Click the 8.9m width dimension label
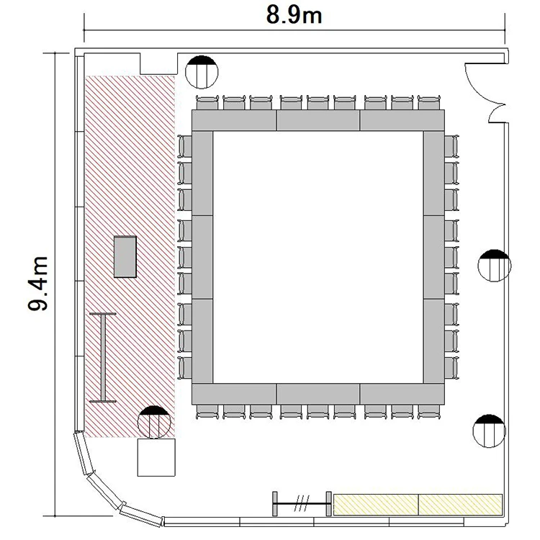294,16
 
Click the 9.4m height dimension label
37,284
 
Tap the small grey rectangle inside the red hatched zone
125,256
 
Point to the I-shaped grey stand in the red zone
103,357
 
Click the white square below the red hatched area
156,457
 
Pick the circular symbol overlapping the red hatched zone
154,422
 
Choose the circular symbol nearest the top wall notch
202,72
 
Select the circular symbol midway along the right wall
495,266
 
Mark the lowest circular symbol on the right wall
489,431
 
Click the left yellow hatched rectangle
376,505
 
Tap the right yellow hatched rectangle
461,505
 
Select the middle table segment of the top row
318,120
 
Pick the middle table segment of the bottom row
318,394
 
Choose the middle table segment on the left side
202,257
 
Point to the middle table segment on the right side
434,257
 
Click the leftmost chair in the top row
207,103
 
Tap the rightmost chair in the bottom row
429,412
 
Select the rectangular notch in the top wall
158,63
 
